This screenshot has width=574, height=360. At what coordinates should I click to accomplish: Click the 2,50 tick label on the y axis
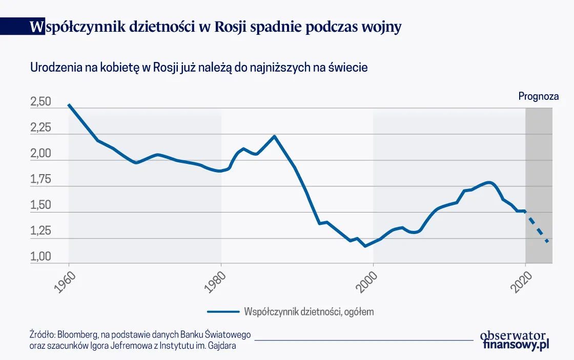[41, 102]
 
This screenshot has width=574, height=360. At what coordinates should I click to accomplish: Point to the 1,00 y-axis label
[41, 257]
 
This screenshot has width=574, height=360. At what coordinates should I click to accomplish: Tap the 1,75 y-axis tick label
[41, 180]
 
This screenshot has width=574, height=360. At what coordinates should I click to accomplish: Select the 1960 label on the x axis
[64, 281]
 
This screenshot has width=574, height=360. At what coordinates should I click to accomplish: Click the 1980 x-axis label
[216, 281]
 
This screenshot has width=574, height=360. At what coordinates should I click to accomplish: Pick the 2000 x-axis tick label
[368, 281]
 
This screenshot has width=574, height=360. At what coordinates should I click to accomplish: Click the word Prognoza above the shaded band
[538, 96]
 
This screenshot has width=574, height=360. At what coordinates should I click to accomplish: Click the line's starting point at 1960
[69, 105]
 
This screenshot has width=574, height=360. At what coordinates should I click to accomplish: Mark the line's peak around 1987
[275, 136]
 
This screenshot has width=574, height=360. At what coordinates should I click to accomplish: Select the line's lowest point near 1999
[365, 246]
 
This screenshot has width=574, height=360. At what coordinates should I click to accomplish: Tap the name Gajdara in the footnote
[223, 346]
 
